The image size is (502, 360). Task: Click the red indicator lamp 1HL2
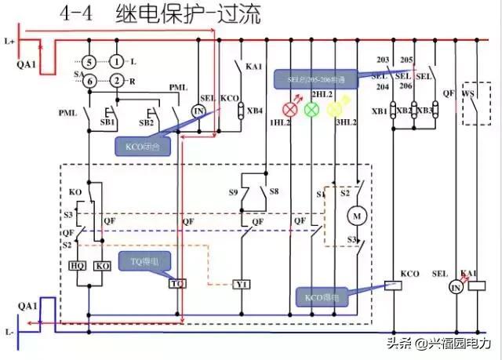coord(291,109)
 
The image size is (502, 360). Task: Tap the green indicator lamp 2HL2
coord(311,109)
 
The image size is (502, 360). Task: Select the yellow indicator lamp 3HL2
coord(333,109)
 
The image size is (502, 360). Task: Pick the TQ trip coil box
coord(177,282)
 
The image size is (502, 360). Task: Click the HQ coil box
coord(78,266)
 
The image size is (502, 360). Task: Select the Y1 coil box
coord(242,282)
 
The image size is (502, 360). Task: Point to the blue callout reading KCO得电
coord(322,297)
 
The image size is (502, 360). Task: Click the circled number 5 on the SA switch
coord(90,61)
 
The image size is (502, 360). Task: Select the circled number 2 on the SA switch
coord(116,81)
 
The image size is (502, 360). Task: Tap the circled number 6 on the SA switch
coord(90,81)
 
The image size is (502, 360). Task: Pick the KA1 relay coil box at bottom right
coord(474,288)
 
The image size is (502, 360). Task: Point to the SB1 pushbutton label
coord(107,123)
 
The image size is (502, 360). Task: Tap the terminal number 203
coord(383,60)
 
